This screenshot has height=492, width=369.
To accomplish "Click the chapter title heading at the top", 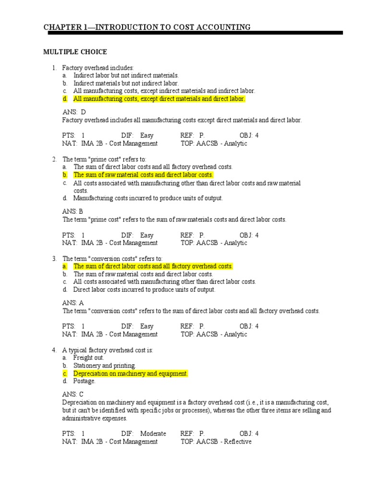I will click(147, 27).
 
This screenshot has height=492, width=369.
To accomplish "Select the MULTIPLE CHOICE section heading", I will click(75, 52).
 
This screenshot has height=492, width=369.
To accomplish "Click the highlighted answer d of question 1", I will click(159, 98).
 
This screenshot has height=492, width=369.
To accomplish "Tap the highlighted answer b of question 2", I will click(143, 175).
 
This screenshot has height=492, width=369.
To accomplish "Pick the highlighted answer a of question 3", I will click(153, 266).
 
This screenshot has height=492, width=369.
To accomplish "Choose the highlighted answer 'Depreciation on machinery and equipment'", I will click(130, 373).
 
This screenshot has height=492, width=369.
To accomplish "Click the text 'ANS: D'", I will click(74, 112).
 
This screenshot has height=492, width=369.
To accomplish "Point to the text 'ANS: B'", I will click(73, 211).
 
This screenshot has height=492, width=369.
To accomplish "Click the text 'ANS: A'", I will click(73, 303).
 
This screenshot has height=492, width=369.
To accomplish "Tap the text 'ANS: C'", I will click(73, 394).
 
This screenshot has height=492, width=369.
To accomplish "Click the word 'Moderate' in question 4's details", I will click(153, 433).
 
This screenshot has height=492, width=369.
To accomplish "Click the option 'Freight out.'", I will click(88, 358).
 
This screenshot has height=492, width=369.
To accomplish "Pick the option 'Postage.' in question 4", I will click(84, 381).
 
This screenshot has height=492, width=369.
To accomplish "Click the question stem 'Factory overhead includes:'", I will click(98, 68).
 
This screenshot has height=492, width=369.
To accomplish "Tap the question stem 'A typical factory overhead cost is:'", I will click(108, 350).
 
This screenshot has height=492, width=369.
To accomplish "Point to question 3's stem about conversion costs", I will click(112, 258).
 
